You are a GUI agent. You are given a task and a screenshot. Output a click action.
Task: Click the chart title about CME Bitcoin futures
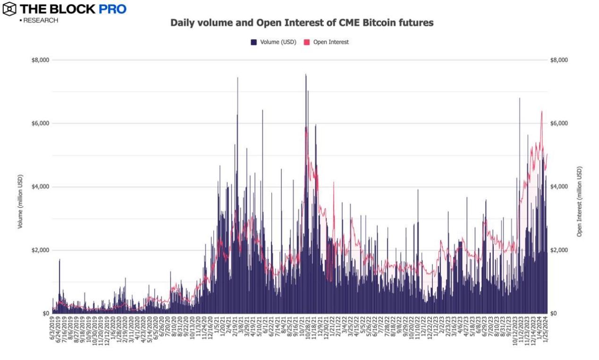coord(302,23)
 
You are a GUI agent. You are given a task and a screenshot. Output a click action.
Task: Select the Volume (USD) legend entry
coord(274,42)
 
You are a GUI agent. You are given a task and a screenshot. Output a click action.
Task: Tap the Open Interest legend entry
coord(326,42)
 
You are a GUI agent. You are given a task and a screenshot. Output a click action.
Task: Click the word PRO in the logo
coord(112,9)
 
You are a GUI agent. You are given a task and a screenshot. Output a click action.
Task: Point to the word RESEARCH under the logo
coord(40,20)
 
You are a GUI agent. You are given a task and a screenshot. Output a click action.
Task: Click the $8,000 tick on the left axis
coord(40,60)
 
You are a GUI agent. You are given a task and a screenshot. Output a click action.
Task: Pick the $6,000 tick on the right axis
coord(559,124)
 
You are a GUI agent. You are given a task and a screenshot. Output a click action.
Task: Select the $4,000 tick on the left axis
coord(40,187)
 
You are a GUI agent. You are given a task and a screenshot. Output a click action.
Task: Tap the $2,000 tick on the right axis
coord(559,250)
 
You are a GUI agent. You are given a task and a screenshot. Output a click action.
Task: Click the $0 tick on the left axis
coord(46,313)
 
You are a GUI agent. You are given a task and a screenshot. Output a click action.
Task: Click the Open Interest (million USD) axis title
coord(579,201)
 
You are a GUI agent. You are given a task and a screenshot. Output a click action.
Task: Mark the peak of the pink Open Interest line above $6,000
coord(541,112)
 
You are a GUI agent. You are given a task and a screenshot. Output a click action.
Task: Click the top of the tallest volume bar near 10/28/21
coord(306,75)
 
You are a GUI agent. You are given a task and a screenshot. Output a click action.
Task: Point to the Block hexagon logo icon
coord(8,8)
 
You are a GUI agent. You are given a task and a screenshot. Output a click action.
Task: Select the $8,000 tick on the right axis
coord(559,60)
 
